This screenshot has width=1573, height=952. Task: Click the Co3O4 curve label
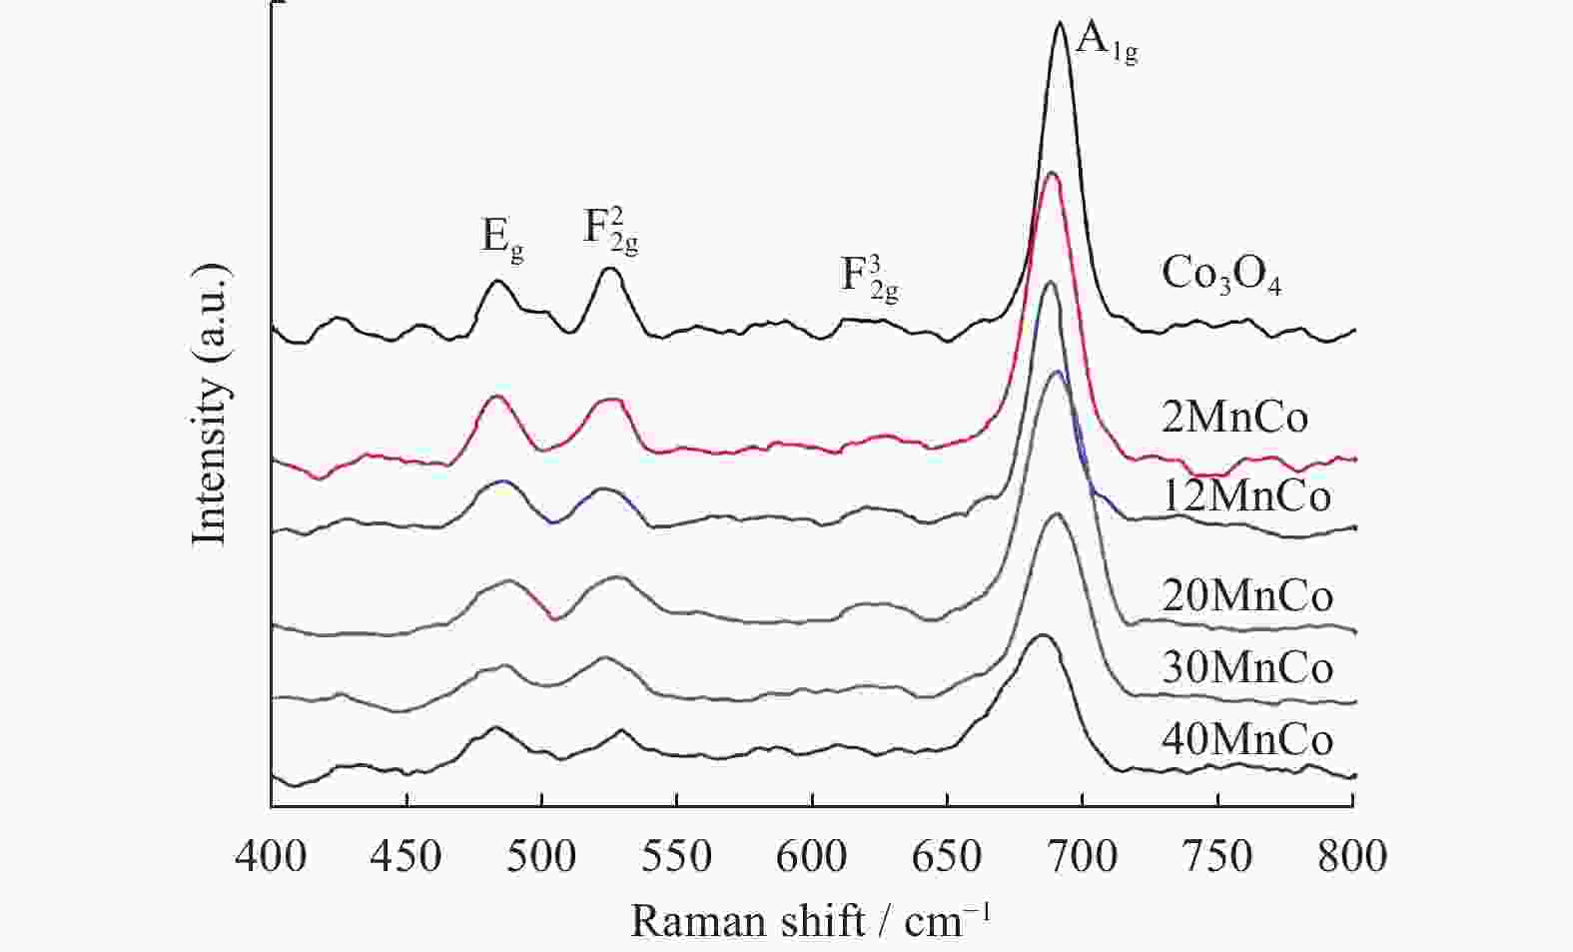coord(1220,276)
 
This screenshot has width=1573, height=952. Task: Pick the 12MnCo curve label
coord(1246,496)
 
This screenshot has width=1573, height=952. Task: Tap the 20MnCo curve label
coord(1247,596)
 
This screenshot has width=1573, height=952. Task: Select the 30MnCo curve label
coord(1247,667)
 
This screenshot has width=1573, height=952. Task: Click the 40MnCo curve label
coord(1247,740)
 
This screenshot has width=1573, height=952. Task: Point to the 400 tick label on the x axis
coord(271,857)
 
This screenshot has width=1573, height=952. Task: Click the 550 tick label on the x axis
coord(677,857)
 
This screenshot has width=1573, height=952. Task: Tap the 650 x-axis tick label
coord(948,857)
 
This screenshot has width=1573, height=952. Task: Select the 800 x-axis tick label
coord(1353,857)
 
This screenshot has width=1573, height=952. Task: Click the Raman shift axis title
coord(811,920)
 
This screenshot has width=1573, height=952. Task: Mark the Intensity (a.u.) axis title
coord(211,406)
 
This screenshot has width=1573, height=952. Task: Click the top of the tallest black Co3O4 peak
coord(1060,22)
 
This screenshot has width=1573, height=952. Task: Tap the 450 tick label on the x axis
coord(406,857)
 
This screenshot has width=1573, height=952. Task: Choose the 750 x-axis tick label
coord(1218,857)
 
